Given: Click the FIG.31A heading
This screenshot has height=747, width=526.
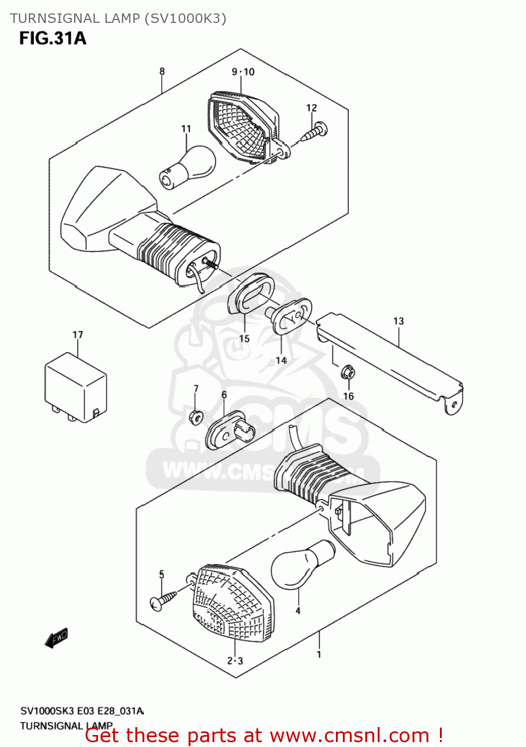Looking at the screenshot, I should pos(53,38).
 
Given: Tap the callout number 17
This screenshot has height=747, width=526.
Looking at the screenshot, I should pos(78,335).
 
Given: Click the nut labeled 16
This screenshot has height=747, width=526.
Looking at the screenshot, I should pos(348,372).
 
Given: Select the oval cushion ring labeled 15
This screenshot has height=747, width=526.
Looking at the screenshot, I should pos(251,294).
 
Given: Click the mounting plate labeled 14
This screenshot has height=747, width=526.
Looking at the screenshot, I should pos(292,317).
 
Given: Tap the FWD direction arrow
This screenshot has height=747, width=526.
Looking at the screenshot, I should pos(56,638).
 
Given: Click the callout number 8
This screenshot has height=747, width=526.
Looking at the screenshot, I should pos(162,72).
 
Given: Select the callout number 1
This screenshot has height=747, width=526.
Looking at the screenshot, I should pos(318,654).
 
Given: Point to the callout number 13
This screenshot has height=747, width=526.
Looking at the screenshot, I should pos(399,321).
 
